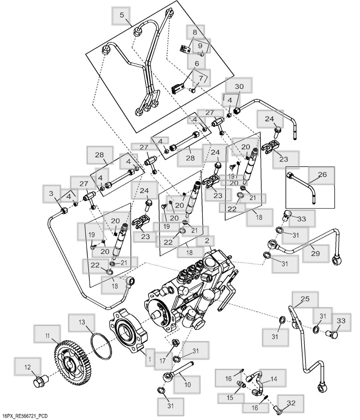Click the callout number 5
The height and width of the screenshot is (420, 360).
click(122, 15)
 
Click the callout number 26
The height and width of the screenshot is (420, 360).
click(322, 175)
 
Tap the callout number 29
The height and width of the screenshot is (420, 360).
click(315, 253)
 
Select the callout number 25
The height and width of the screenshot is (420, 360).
click(305, 299)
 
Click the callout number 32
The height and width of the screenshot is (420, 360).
click(291, 403)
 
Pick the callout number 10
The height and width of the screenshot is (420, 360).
click(187, 384)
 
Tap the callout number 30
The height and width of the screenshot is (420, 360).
click(239, 87)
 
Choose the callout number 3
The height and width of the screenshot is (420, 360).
click(51, 193)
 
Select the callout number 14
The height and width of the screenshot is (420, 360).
click(274, 379)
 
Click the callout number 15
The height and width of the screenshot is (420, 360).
click(230, 398)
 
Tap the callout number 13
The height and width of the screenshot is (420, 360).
click(82, 322)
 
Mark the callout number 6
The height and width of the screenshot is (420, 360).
click(197, 63)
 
